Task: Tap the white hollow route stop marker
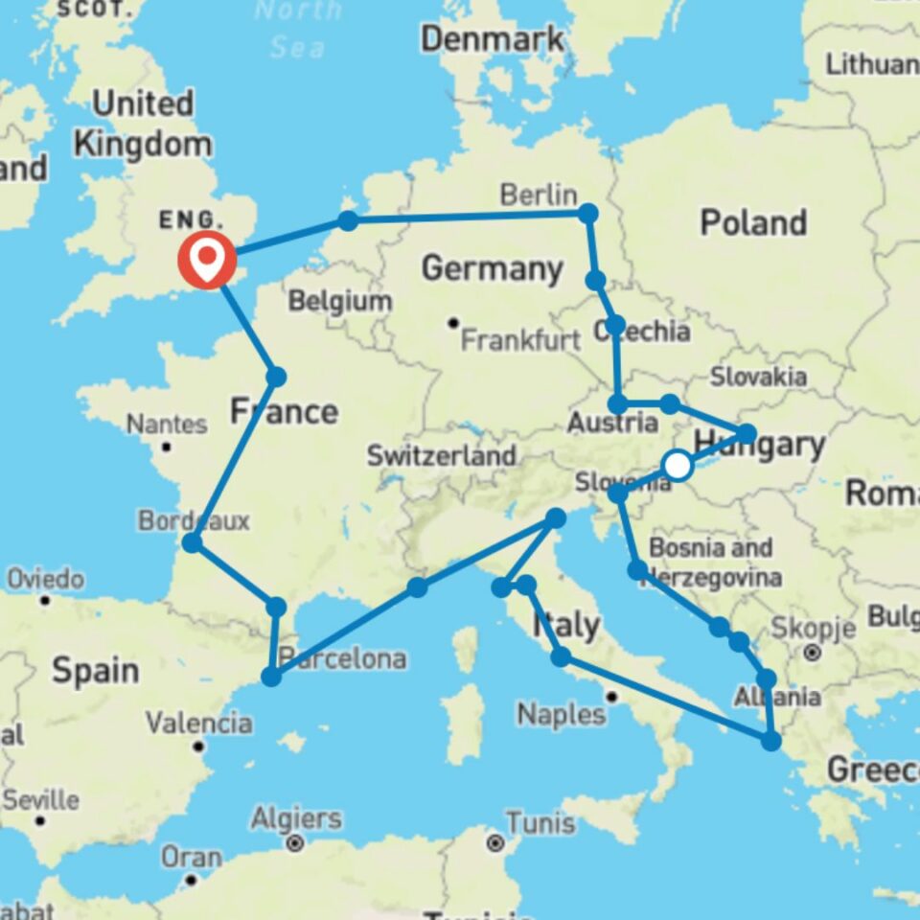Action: tap(678, 466)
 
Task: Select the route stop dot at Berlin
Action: tap(587, 213)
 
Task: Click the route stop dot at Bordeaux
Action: tap(192, 543)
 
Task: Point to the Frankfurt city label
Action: tap(521, 339)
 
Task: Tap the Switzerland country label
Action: tap(441, 455)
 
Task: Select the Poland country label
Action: tap(752, 222)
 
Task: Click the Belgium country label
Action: tap(340, 302)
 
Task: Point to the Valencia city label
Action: tap(199, 722)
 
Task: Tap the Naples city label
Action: tap(562, 714)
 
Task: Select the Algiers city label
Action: tap(296, 819)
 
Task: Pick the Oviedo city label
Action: tap(45, 579)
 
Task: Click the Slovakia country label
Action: tap(758, 377)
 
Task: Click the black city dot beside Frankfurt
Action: tap(453, 323)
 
